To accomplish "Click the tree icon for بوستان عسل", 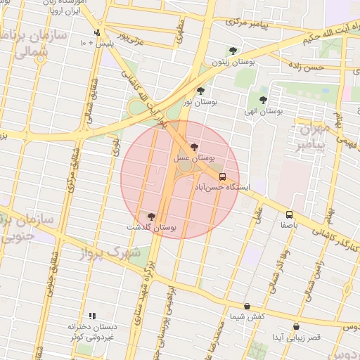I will pos(195,146).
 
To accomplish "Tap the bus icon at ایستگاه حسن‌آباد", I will pos(223,176).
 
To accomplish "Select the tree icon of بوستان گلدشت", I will pos(151,216).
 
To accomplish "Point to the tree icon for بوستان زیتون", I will pos(233,51).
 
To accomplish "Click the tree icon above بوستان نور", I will pos(201,91).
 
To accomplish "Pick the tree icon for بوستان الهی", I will pos(263,100).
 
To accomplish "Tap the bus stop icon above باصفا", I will pos(290,214).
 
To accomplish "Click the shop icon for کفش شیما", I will pos(247,306).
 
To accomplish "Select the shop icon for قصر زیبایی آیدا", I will pos(296,326).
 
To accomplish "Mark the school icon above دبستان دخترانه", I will pos(91,316).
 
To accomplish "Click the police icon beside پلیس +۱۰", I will pos(97,32).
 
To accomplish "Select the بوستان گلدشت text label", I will pos(150,227).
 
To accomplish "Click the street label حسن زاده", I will pos(306,67).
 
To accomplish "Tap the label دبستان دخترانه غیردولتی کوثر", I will pos(91,333).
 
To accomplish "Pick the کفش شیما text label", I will pos(247,316).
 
